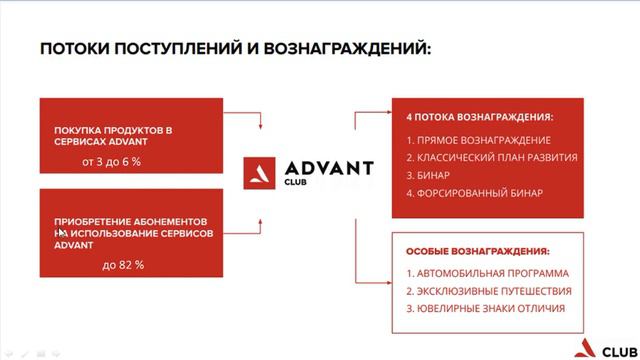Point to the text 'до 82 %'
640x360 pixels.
click(123, 265)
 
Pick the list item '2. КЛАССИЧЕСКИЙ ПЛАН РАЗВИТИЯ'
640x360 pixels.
click(492, 157)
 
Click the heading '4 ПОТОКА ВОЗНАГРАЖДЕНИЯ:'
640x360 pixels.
click(480, 116)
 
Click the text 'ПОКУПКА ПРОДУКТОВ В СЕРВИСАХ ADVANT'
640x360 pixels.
click(114, 138)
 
